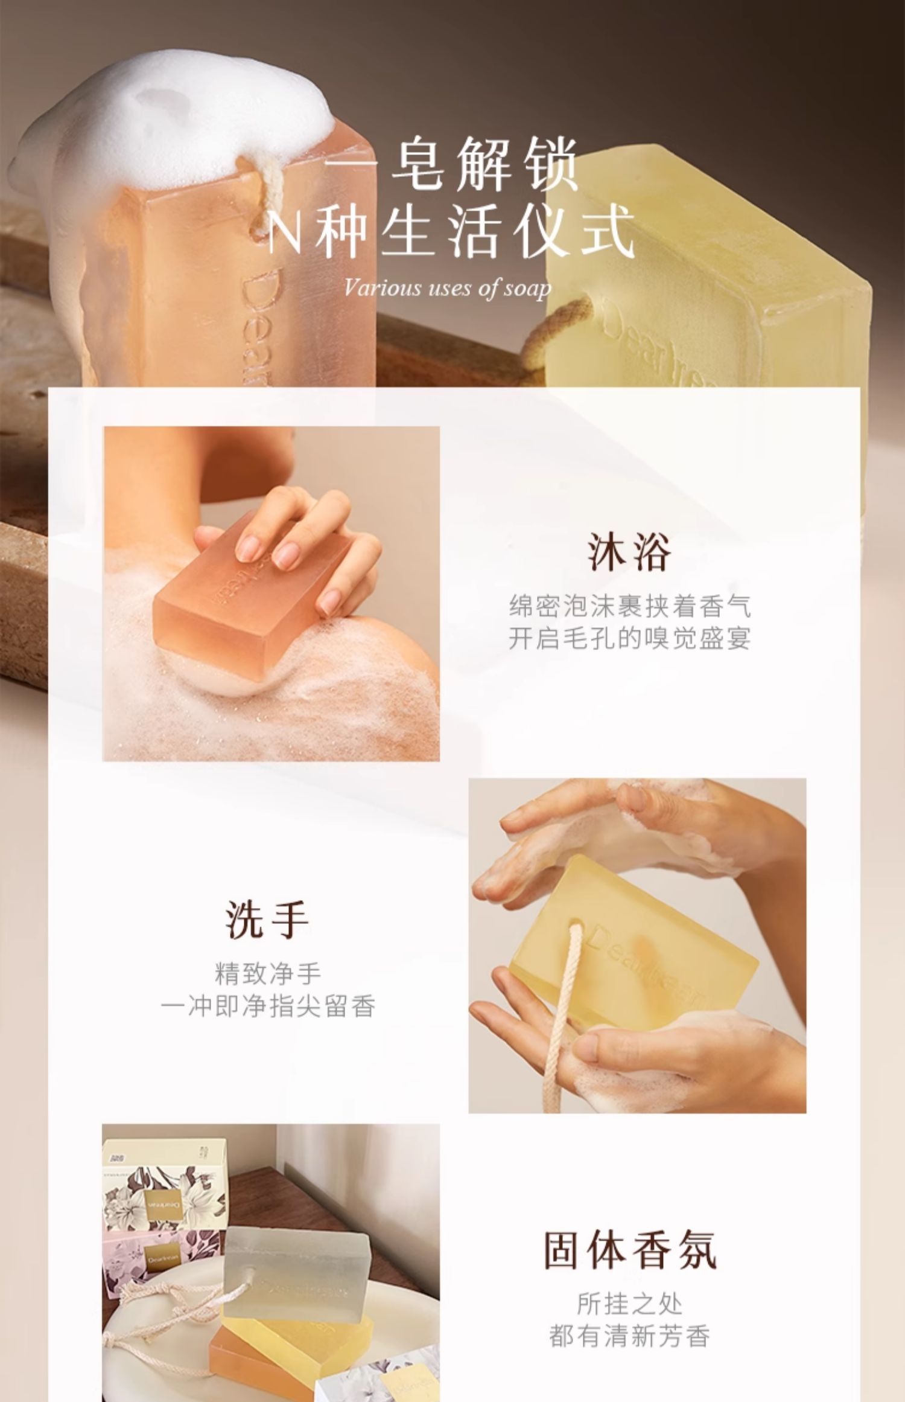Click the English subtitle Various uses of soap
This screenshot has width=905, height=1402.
coord(448,289)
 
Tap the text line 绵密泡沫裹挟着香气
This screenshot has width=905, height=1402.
coord(629,606)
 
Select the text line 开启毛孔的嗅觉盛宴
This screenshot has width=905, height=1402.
coord(629,638)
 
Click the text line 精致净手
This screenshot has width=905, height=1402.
coord(268,973)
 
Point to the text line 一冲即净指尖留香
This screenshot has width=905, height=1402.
coord(268,1007)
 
